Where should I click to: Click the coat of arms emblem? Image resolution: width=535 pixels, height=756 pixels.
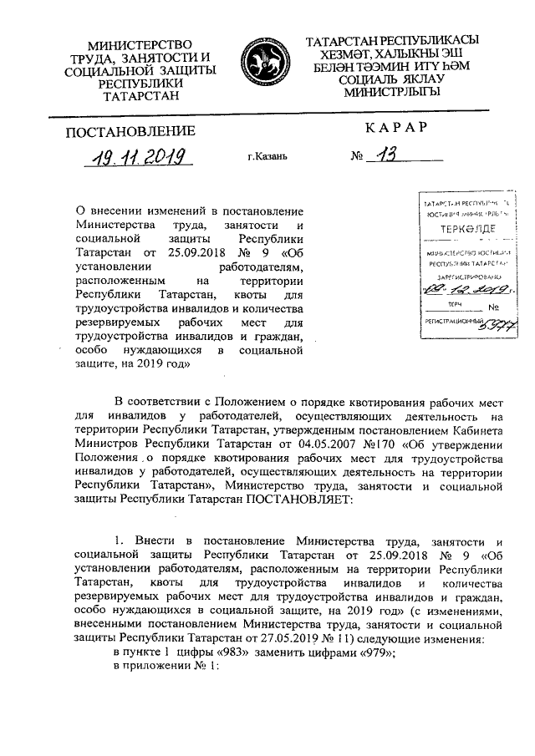tap(266, 65)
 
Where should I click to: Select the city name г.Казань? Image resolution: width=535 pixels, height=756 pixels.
tap(267, 157)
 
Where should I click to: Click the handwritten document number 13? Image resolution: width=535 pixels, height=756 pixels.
tap(386, 155)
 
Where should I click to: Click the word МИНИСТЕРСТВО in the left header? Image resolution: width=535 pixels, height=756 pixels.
tap(140, 43)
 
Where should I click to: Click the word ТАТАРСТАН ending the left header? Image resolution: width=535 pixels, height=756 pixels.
tap(139, 97)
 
